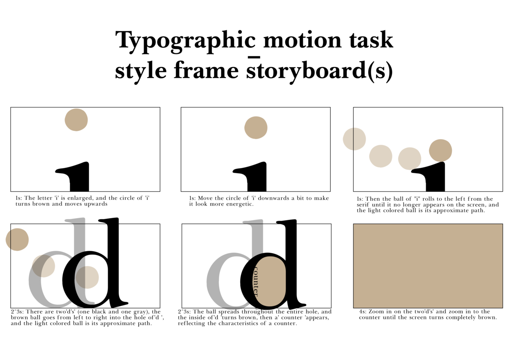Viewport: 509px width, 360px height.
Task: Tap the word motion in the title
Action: coord(303,39)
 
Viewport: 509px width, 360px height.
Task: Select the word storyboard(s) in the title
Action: coord(319,71)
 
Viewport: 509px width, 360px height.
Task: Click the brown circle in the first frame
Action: coord(76,120)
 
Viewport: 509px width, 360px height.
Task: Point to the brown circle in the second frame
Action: coord(256,128)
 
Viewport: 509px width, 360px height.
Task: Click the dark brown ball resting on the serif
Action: coord(440,151)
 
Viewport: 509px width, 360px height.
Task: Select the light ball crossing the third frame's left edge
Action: coord(354,139)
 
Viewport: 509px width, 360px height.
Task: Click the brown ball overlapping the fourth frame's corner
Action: coord(17,240)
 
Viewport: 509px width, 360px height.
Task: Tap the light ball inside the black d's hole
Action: coord(87,277)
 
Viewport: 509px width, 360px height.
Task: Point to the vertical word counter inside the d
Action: coord(256,282)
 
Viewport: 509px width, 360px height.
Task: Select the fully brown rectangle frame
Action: coord(428,266)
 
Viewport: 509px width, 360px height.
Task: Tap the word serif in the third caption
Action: coord(363,204)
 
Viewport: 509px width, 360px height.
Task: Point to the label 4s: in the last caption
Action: coord(363,312)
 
